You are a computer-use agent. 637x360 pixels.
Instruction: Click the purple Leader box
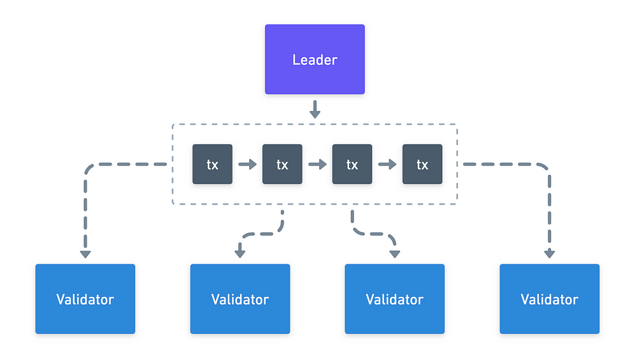pyautogui.click(x=315, y=59)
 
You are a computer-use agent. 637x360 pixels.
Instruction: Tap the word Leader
pyautogui.click(x=315, y=60)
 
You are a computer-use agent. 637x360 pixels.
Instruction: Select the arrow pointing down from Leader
pyautogui.click(x=315, y=110)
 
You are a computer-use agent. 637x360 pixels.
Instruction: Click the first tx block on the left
pyautogui.click(x=213, y=164)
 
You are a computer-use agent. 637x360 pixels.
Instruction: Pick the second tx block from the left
pyautogui.click(x=282, y=164)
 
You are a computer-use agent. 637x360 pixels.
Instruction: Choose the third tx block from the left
pyautogui.click(x=352, y=164)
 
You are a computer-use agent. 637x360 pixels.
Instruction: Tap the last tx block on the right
pyautogui.click(x=422, y=164)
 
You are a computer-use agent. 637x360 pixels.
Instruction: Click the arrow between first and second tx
pyautogui.click(x=247, y=164)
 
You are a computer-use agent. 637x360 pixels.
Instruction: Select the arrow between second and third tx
pyautogui.click(x=317, y=164)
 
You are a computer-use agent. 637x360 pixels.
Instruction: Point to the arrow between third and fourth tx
pyautogui.click(x=387, y=164)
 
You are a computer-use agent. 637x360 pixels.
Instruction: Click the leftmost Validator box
pyautogui.click(x=85, y=299)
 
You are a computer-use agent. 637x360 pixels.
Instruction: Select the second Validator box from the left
pyautogui.click(x=240, y=299)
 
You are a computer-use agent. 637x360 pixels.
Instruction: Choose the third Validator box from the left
pyautogui.click(x=395, y=299)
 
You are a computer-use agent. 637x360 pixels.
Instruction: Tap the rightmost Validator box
pyautogui.click(x=550, y=299)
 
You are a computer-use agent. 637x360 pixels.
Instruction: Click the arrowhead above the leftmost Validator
pyautogui.click(x=85, y=254)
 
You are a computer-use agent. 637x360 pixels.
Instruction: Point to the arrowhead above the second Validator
pyautogui.click(x=240, y=254)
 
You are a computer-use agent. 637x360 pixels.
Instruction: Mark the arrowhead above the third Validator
pyautogui.click(x=395, y=254)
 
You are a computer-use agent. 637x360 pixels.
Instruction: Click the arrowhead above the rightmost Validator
pyautogui.click(x=550, y=254)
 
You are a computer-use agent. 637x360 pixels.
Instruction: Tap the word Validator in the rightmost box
pyautogui.click(x=550, y=300)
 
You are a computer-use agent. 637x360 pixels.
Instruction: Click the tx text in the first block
pyautogui.click(x=213, y=165)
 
